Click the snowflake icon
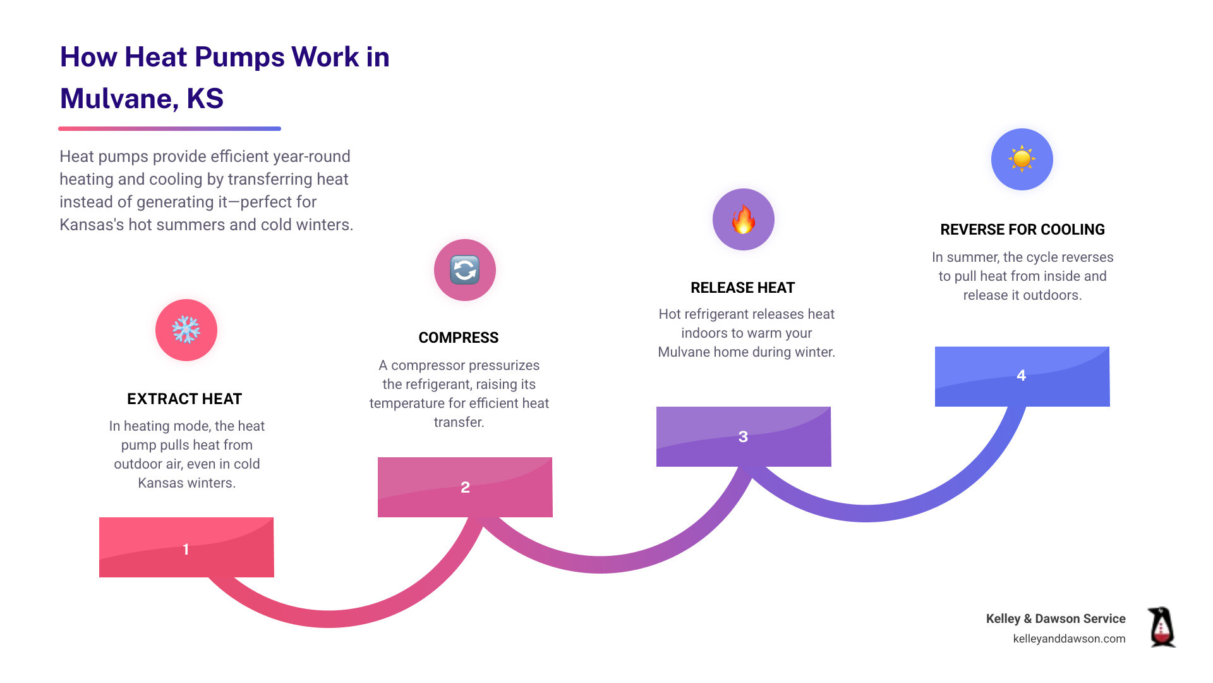[x=186, y=330]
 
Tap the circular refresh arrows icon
[x=465, y=270]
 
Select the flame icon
[x=744, y=219]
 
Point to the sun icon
[x=1022, y=159]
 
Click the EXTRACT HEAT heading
[x=184, y=399]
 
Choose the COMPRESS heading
[x=459, y=338]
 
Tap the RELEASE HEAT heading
[x=742, y=288]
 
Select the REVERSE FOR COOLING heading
[x=1022, y=230]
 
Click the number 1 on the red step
[x=186, y=549]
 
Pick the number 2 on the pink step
[x=465, y=487]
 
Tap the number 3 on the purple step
[x=743, y=436]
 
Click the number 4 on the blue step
[x=1021, y=376]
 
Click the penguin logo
[x=1161, y=627]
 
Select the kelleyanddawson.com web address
[x=1069, y=639]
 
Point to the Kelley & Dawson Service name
[x=1056, y=618]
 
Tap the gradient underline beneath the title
[x=169, y=128]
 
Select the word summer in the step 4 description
[x=972, y=257]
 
